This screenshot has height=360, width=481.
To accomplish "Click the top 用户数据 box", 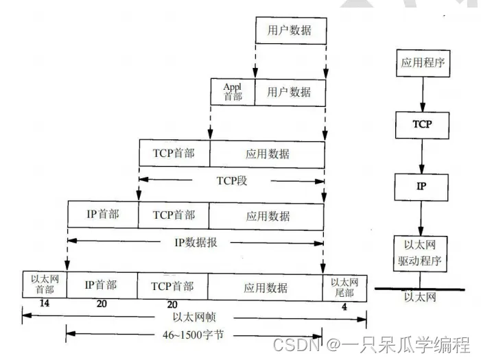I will pyautogui.click(x=290, y=30).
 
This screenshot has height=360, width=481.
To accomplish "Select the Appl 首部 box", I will pyautogui.click(x=233, y=91).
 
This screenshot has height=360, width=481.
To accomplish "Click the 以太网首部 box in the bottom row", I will pyautogui.click(x=44, y=285).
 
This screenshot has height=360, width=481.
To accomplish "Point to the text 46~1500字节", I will pyautogui.click(x=194, y=335).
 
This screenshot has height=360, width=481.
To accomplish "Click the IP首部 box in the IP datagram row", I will pyautogui.click(x=103, y=214).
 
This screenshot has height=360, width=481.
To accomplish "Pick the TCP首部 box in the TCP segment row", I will pyautogui.click(x=174, y=154).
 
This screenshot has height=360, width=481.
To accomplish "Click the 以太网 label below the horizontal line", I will pyautogui.click(x=419, y=297).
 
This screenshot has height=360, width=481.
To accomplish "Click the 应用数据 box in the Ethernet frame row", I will pyautogui.click(x=266, y=286).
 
